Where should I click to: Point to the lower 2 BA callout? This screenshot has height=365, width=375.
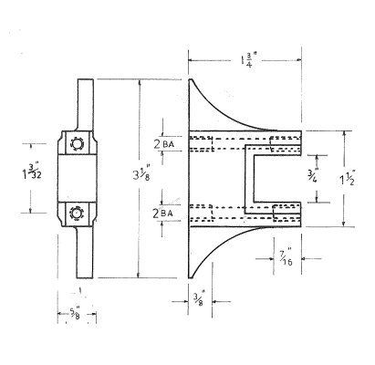pyautogui.click(x=164, y=213)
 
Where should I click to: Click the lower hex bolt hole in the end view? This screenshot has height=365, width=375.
pyautogui.click(x=76, y=213)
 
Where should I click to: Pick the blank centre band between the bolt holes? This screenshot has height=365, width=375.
pyautogui.click(x=76, y=178)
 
